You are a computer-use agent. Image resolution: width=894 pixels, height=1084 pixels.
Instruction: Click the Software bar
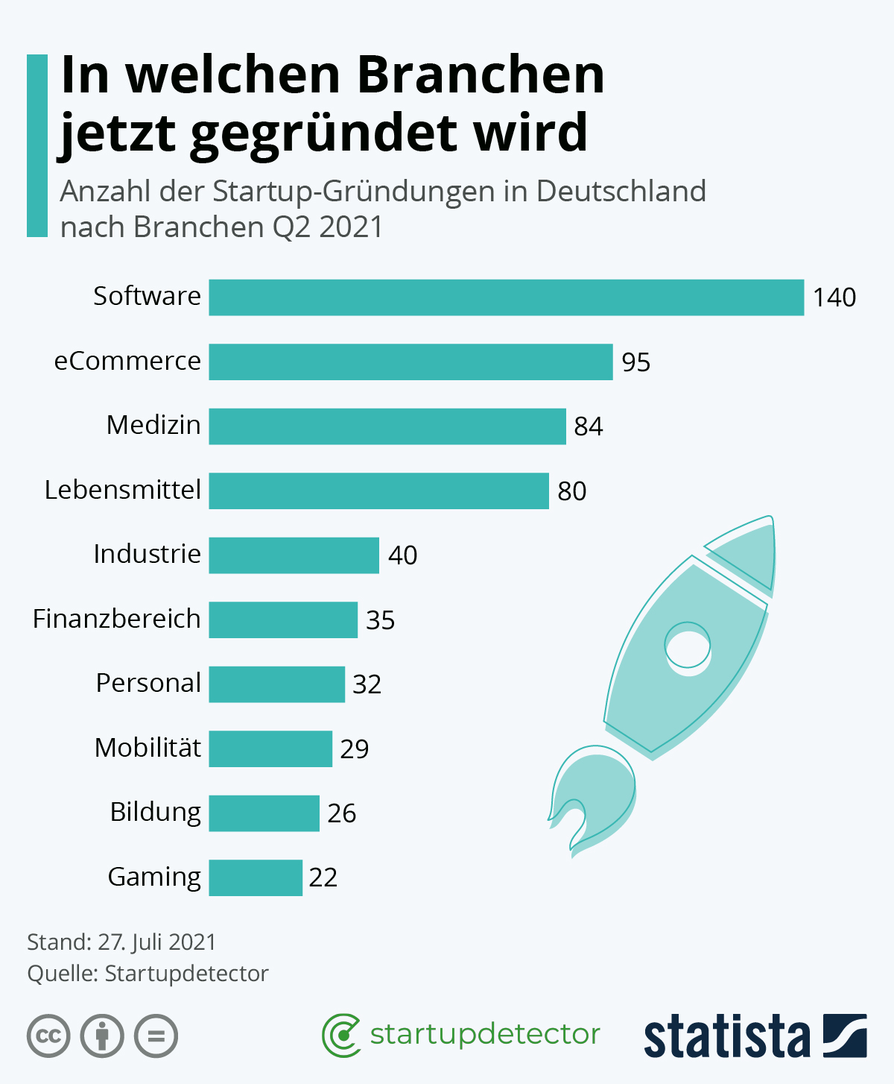(x=506, y=297)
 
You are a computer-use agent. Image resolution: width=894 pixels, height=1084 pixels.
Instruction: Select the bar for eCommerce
(x=410, y=362)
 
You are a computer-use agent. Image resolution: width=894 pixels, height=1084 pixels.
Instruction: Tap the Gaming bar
(x=256, y=877)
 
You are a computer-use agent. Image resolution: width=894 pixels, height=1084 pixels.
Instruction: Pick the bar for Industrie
(x=294, y=555)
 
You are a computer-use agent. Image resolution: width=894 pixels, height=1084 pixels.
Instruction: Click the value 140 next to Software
(x=834, y=297)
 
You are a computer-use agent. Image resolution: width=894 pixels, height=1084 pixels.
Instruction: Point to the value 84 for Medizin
(x=588, y=426)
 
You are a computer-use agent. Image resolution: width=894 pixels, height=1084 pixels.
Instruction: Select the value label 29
(x=354, y=749)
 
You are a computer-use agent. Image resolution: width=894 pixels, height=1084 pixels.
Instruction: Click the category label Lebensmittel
(x=123, y=490)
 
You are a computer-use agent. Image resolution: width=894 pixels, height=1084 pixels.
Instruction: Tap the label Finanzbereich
(x=117, y=619)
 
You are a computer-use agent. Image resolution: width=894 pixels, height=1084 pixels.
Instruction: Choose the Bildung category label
(x=155, y=812)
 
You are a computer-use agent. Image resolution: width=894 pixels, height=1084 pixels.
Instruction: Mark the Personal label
(x=148, y=683)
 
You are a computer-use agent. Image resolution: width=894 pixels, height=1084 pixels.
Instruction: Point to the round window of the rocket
(x=687, y=645)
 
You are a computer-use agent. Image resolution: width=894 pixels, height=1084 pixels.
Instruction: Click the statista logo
(x=755, y=1036)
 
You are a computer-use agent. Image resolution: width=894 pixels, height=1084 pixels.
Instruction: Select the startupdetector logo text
(x=484, y=1034)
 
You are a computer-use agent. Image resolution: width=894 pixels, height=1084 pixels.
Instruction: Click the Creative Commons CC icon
(x=48, y=1036)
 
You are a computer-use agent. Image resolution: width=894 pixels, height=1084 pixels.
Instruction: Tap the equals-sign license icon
(x=156, y=1036)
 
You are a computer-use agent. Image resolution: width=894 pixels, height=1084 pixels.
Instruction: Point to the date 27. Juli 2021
(x=156, y=942)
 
